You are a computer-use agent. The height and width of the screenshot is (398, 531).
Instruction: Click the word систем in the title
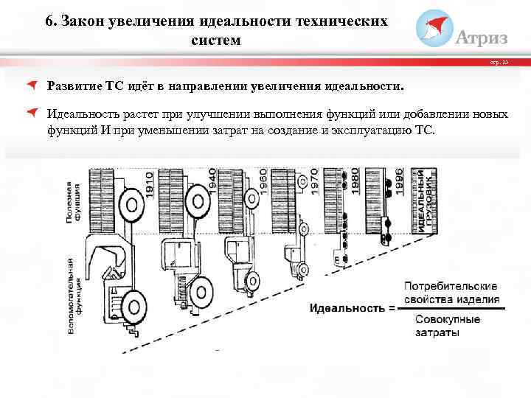pyautogui.click(x=215, y=40)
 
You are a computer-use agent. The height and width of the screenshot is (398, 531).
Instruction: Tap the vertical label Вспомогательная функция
pyautogui.click(x=78, y=295)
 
